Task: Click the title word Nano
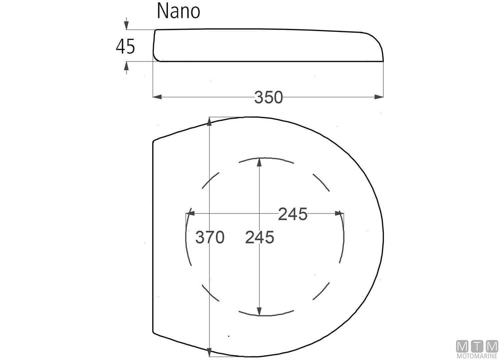click(178, 11)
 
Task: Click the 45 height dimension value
click(125, 46)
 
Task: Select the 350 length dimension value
click(268, 97)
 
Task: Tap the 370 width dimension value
click(210, 238)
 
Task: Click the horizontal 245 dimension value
click(293, 214)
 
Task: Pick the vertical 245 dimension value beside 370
click(259, 238)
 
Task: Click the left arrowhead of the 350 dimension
click(157, 97)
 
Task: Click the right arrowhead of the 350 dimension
click(379, 97)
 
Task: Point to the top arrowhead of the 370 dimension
click(209, 122)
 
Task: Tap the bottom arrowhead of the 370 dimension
click(209, 352)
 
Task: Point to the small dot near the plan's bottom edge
click(229, 336)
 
